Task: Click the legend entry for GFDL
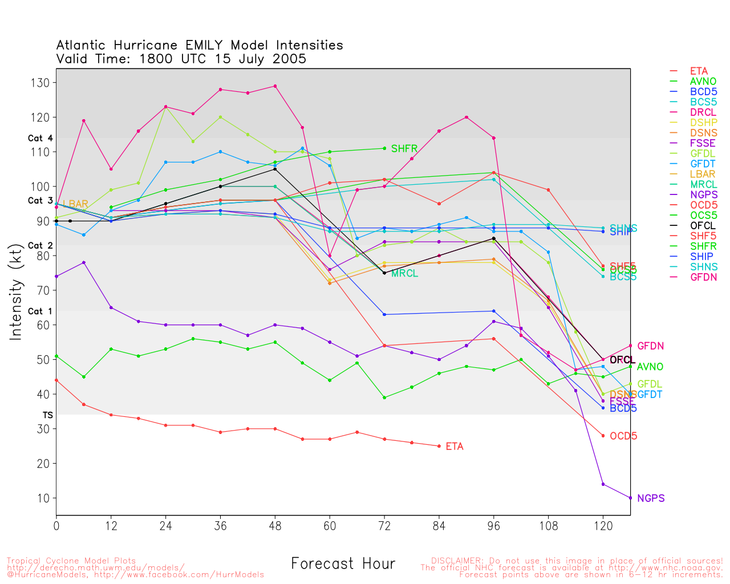click(703, 153)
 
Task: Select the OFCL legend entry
click(703, 225)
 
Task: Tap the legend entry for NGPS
click(703, 194)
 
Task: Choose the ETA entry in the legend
click(699, 71)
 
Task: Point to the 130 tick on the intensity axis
click(40, 83)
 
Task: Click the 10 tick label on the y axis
click(43, 498)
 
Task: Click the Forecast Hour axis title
click(343, 564)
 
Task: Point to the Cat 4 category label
click(40, 138)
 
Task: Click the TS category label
click(47, 415)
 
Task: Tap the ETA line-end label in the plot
click(455, 447)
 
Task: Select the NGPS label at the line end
click(651, 498)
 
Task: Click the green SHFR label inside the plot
click(404, 149)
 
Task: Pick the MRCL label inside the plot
click(404, 274)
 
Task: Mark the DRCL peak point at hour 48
click(275, 86)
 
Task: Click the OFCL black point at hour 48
click(275, 169)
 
